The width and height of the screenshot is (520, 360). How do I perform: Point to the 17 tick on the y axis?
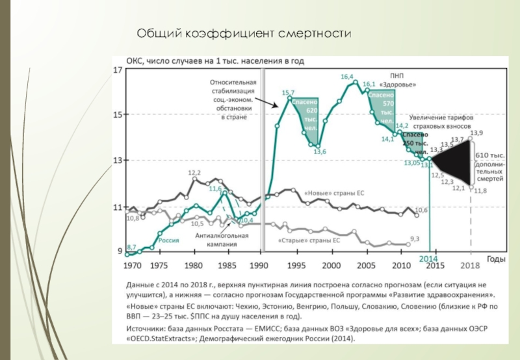point(118,70)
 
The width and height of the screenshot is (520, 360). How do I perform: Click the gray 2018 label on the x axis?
point(469,266)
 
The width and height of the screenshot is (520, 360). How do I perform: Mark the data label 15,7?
point(288,93)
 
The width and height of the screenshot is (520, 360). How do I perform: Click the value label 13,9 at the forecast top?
point(477,133)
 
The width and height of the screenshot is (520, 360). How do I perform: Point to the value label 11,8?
point(481,190)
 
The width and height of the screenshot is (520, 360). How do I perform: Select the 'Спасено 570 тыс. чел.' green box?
point(382,108)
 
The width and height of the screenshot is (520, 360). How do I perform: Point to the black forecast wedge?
point(455,162)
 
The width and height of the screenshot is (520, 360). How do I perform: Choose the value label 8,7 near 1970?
point(131,247)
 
